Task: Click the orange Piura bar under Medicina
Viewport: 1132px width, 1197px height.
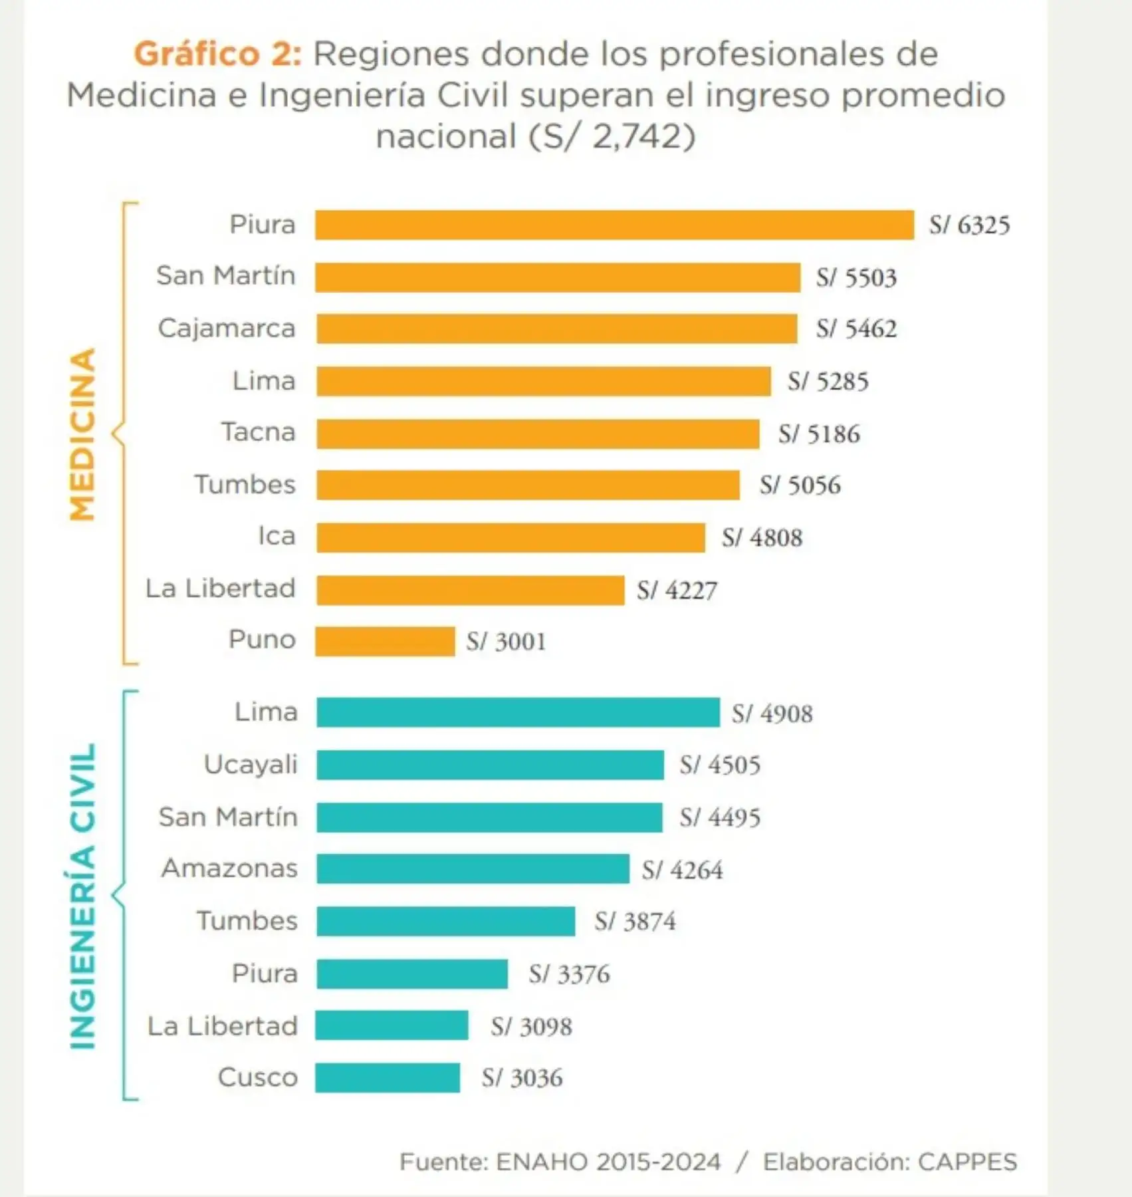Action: click(x=614, y=225)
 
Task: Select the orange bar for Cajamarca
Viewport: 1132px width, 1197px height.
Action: click(x=556, y=329)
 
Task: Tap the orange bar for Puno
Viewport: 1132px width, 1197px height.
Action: click(x=385, y=642)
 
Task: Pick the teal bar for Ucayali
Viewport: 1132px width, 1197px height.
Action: click(x=490, y=765)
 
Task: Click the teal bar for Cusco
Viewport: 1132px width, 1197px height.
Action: click(x=388, y=1078)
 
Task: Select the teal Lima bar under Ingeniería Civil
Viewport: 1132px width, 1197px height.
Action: click(x=518, y=713)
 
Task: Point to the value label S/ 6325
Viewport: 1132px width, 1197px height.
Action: click(x=969, y=225)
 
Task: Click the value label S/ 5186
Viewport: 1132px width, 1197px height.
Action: click(x=819, y=434)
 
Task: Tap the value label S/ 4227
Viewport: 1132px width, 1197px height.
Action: click(x=677, y=591)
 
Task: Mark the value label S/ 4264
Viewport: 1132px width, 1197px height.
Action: click(x=682, y=870)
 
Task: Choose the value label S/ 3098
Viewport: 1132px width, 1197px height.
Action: click(x=531, y=1027)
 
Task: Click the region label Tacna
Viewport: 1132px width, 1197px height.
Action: click(x=258, y=432)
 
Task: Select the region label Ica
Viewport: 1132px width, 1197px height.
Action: click(x=277, y=536)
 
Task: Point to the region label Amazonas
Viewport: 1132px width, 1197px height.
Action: click(x=229, y=868)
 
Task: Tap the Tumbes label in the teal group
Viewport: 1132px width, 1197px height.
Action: click(x=247, y=921)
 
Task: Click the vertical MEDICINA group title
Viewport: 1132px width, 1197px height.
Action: click(x=83, y=434)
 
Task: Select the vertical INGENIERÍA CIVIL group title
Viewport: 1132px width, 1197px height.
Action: click(x=83, y=896)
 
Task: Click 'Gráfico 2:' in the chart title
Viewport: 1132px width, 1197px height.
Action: click(x=217, y=54)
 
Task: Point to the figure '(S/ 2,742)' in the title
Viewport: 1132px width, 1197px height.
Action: click(x=612, y=137)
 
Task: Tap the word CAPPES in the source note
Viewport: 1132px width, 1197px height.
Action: click(x=967, y=1162)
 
